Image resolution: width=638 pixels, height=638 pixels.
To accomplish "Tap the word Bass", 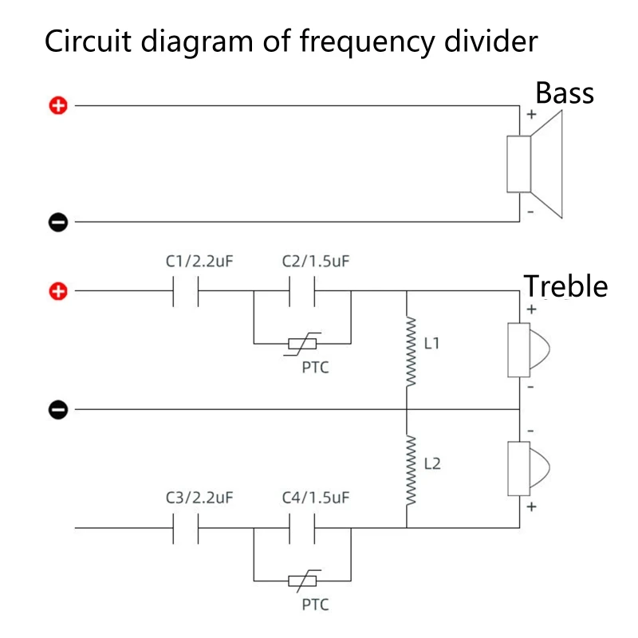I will pyautogui.click(x=564, y=93).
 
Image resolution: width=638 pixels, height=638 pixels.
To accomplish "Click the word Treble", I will pyautogui.click(x=565, y=286).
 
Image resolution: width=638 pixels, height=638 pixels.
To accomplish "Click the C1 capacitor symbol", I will pyautogui.click(x=186, y=292).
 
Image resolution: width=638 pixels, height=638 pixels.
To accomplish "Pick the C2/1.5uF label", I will pyautogui.click(x=316, y=261).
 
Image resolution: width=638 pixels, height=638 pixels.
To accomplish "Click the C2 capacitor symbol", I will pyautogui.click(x=302, y=292).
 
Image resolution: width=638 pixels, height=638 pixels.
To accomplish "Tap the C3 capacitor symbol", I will pyautogui.click(x=186, y=528).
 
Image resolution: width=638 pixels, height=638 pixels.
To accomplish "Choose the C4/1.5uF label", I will pyautogui.click(x=316, y=498).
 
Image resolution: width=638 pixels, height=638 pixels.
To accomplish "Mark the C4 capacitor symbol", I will pyautogui.click(x=302, y=528).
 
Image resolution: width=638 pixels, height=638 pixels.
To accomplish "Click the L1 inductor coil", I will pyautogui.click(x=412, y=351).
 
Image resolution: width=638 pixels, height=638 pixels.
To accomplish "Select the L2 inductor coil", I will pyautogui.click(x=412, y=471).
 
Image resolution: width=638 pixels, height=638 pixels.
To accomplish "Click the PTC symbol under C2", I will pyautogui.click(x=302, y=344).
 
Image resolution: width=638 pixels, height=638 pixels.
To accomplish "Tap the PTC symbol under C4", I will pyautogui.click(x=302, y=580).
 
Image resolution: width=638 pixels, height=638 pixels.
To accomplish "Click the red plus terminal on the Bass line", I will pyautogui.click(x=59, y=105).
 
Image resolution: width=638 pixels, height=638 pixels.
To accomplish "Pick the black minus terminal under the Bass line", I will pyautogui.click(x=59, y=223).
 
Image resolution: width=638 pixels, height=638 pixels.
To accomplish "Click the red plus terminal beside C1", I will pyautogui.click(x=59, y=292).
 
